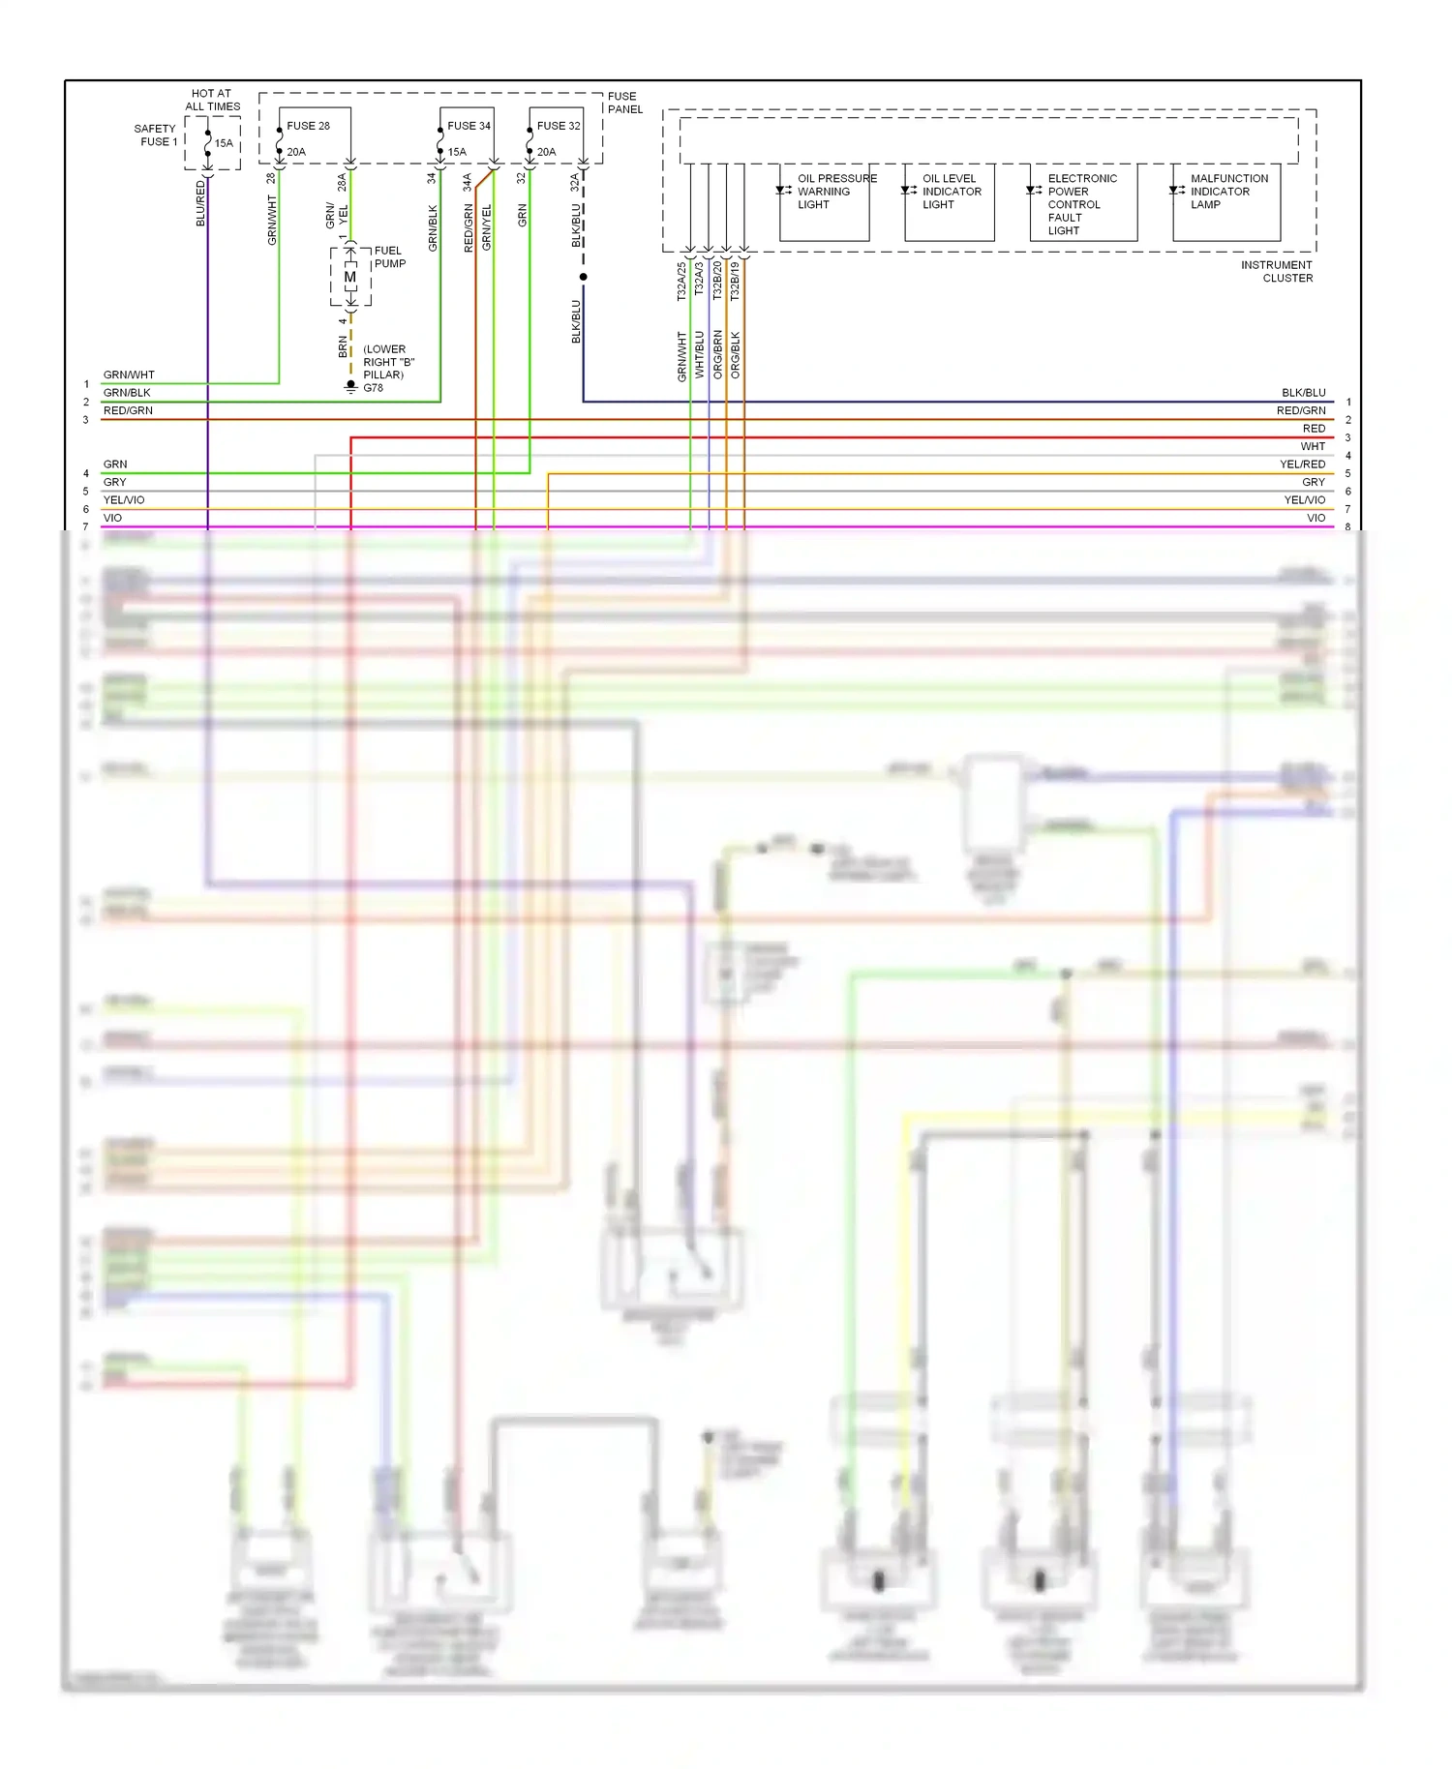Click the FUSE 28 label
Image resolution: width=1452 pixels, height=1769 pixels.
pyautogui.click(x=308, y=126)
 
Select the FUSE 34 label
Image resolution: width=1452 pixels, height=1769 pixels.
pyautogui.click(x=469, y=126)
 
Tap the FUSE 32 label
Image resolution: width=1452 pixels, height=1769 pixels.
pyautogui.click(x=559, y=126)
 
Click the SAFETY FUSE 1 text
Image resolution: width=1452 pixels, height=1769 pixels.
pyautogui.click(x=156, y=135)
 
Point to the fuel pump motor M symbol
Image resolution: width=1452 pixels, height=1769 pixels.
pyautogui.click(x=349, y=277)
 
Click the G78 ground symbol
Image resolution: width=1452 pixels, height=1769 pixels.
pyautogui.click(x=351, y=386)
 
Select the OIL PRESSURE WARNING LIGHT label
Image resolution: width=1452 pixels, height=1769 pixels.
pyautogui.click(x=835, y=192)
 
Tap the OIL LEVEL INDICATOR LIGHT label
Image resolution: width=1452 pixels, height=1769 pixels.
pyautogui.click(x=951, y=192)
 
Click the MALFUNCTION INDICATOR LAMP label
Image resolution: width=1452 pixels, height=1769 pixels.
pyautogui.click(x=1227, y=192)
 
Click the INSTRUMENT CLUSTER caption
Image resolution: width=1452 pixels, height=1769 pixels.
pyautogui.click(x=1276, y=271)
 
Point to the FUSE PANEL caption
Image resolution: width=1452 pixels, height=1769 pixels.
pyautogui.click(x=624, y=103)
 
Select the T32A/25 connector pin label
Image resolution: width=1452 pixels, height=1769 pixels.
pyautogui.click(x=681, y=282)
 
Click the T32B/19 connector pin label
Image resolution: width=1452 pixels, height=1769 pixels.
pyautogui.click(x=735, y=282)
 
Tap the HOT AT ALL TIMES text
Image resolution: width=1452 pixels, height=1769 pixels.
pyautogui.click(x=212, y=101)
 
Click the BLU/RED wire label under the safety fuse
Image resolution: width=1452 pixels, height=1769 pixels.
pyautogui.click(x=201, y=203)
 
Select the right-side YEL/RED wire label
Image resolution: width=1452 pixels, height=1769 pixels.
pyautogui.click(x=1302, y=465)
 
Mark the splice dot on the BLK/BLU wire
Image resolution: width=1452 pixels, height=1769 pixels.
pyautogui.click(x=583, y=277)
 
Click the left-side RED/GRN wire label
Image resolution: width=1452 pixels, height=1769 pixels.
pyautogui.click(x=128, y=410)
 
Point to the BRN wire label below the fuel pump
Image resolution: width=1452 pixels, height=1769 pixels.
pyautogui.click(x=343, y=346)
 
